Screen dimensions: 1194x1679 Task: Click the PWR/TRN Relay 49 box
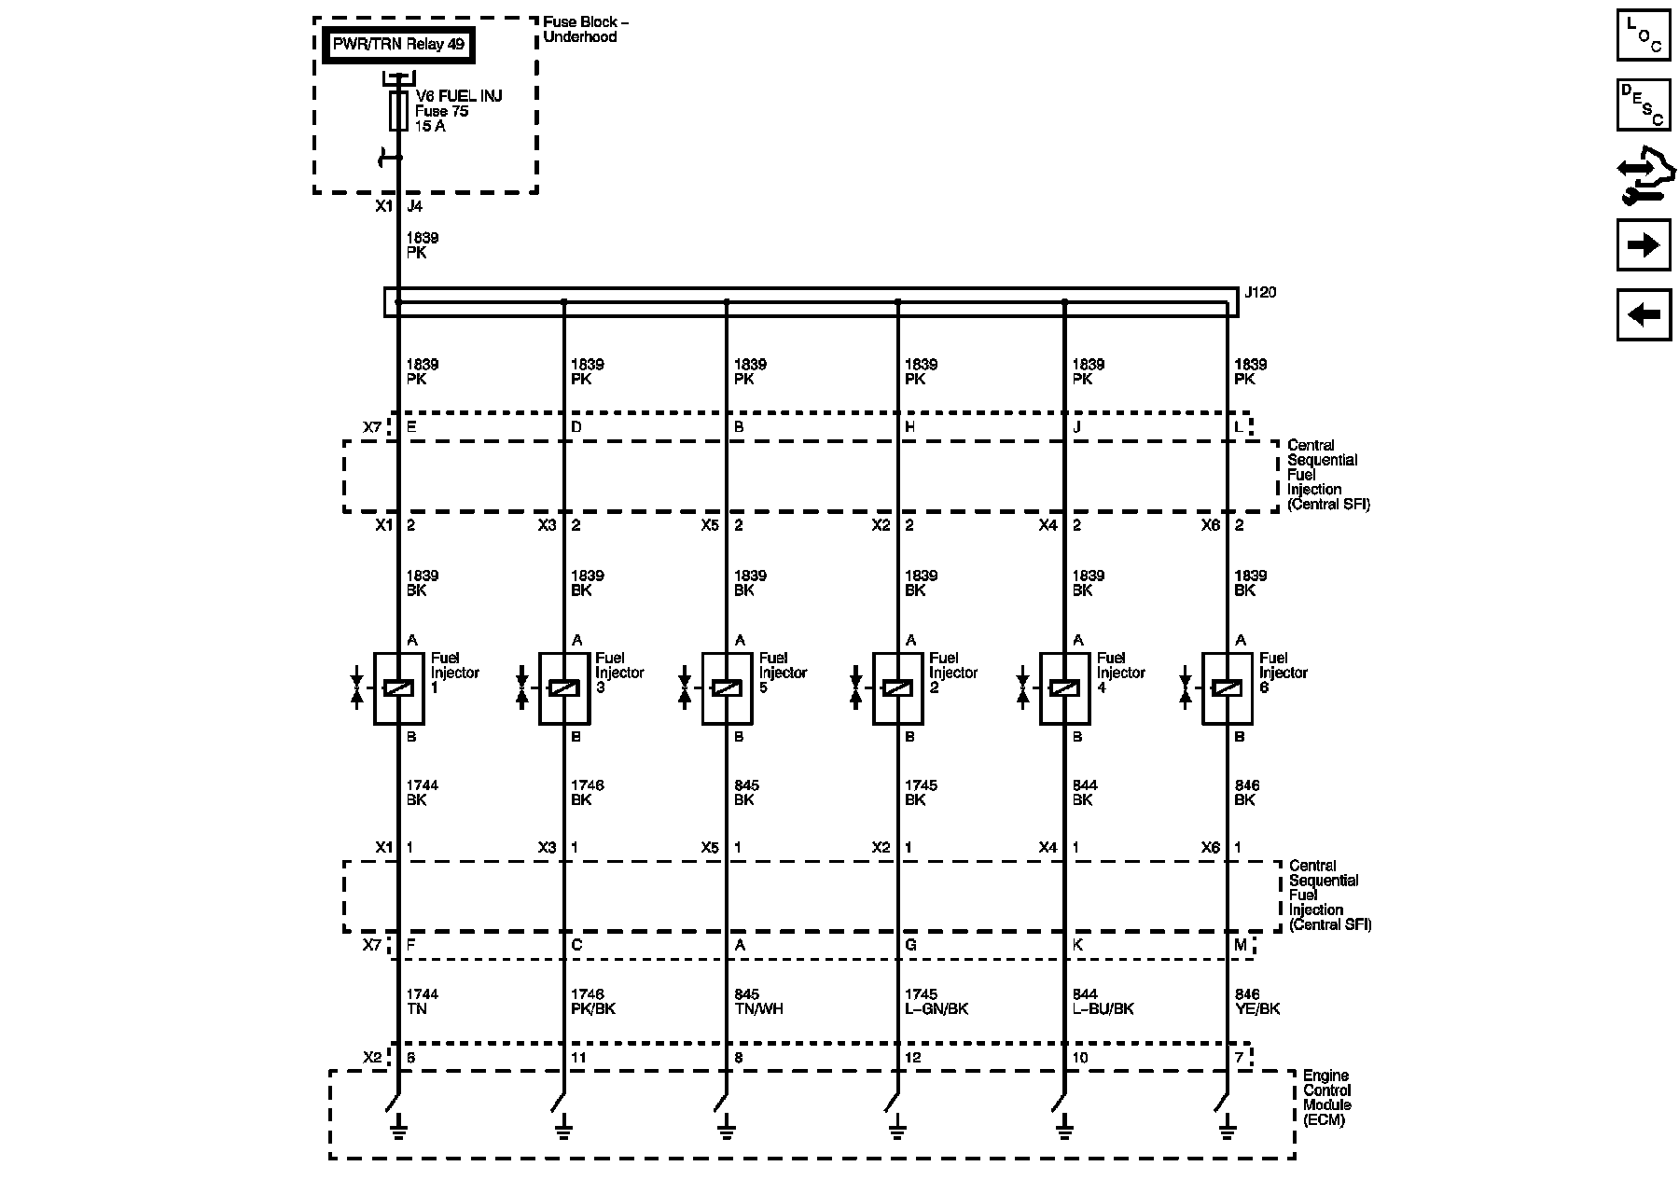[x=398, y=45]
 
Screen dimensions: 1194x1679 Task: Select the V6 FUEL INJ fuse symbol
[x=398, y=111]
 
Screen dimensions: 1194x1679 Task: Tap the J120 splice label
[x=1260, y=293]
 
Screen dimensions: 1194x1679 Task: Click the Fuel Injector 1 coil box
[x=398, y=688]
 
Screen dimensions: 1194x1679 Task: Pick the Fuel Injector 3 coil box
[x=563, y=688]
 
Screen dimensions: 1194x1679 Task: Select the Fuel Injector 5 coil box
[x=727, y=688]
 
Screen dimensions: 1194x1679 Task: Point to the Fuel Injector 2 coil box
[x=897, y=688]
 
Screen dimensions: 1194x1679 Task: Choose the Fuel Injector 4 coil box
[x=1064, y=688]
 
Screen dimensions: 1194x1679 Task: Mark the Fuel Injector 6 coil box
[x=1227, y=688]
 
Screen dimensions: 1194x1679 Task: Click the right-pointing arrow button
[x=1644, y=245]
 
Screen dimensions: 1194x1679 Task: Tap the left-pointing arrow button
[x=1644, y=314]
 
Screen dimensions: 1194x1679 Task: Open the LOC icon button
[x=1644, y=35]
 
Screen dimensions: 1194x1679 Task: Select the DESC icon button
[x=1644, y=104]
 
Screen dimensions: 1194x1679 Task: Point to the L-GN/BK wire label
[x=936, y=1009]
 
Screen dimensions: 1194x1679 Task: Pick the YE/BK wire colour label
[x=1256, y=1009]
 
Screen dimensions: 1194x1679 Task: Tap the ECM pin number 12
[x=912, y=1058]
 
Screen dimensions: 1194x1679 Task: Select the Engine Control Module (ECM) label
[x=1326, y=1098]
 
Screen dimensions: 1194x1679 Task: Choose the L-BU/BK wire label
[x=1103, y=1009]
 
